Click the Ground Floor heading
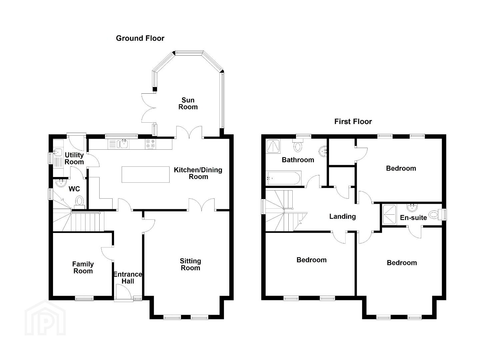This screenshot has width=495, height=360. coord(140,38)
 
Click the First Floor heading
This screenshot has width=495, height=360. coord(353,122)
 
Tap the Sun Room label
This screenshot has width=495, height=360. coord(188,103)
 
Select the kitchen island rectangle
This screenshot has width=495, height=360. coord(146,175)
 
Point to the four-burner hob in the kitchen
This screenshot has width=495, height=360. coord(150,144)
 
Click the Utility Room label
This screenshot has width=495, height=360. coord(74,158)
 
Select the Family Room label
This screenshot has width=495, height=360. coord(83,268)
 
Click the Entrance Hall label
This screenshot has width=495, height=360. coord(128,278)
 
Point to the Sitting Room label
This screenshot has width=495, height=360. coord(190,265)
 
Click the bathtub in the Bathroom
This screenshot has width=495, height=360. coord(283,178)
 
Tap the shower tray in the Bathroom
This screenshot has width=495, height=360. coord(273,146)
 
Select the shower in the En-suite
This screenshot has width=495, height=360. coord(390,215)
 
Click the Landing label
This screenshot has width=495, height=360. coord(343,217)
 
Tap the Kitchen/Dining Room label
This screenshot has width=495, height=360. coord(198,173)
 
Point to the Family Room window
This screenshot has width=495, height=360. coord(84,299)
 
